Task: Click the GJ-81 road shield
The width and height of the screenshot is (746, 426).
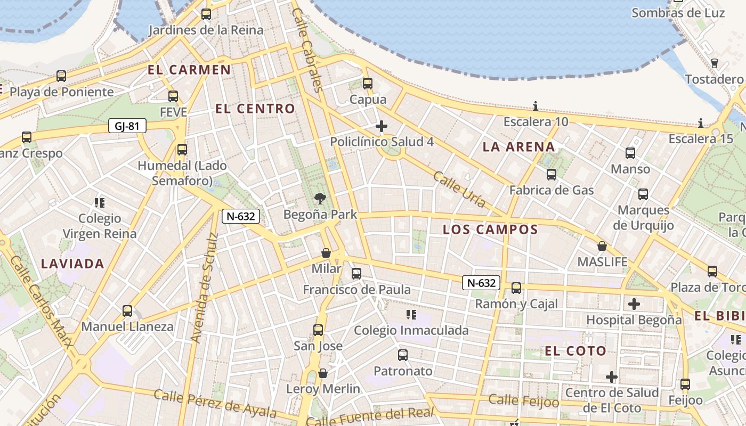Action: coord(127,126)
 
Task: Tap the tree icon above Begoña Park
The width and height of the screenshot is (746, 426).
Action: coord(320,199)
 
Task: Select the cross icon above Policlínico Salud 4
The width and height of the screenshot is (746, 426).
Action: coord(381,126)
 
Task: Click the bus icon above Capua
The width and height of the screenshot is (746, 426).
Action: coord(368,84)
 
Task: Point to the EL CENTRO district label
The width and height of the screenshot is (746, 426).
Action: coord(255,109)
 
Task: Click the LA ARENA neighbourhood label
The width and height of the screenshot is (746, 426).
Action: coord(518,147)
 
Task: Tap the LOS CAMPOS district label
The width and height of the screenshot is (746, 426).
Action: coord(490,230)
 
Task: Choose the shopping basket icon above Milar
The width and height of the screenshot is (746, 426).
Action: coord(326,253)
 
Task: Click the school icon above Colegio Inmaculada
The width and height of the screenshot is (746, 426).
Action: coord(411,315)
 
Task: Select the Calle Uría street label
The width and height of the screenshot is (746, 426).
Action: coord(459,190)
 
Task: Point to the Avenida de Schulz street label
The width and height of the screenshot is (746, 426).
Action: coord(204,288)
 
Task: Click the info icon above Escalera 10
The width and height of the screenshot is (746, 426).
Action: coord(536,106)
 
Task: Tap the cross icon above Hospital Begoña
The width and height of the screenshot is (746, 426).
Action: coord(634,304)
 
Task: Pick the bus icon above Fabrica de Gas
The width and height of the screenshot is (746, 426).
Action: coord(552,175)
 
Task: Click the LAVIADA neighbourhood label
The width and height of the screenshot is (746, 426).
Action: coord(72,263)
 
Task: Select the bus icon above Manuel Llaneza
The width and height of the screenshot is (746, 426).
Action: coord(127,311)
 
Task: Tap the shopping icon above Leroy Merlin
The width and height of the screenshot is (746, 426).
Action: coord(323,373)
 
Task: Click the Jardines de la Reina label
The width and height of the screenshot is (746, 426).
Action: coord(206,30)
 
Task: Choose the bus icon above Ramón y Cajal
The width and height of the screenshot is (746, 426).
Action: coord(516,289)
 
